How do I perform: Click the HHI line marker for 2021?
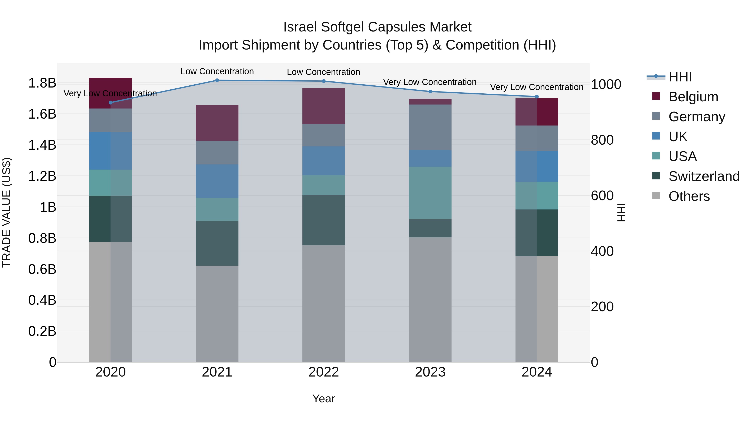coord(217,80)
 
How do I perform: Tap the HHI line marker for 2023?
coord(430,92)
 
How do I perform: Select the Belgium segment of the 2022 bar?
coord(324,106)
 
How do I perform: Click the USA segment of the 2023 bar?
coord(430,192)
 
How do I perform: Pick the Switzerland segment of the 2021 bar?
coord(217,243)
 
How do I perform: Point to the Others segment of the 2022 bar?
coord(324,303)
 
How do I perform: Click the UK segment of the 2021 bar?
coord(217,181)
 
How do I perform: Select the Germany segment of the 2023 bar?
coord(430,127)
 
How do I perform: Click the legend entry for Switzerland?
coord(704,176)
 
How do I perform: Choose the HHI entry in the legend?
coord(680,77)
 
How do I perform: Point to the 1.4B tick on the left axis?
coord(42,145)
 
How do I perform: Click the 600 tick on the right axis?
coord(602,196)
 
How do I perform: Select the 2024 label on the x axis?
coord(537,372)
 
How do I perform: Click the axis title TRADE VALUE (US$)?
coord(7,212)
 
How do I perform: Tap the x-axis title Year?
coord(324,399)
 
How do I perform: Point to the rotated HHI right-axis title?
coord(621,212)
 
